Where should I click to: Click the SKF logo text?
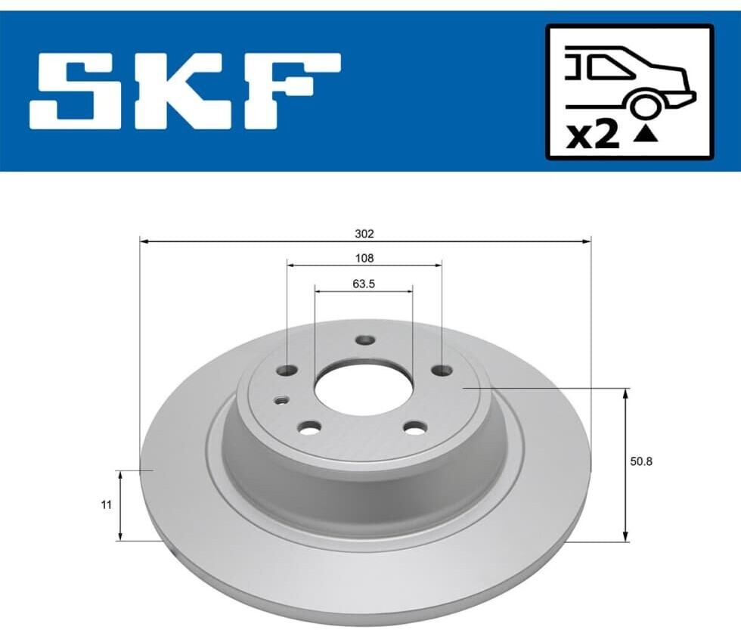tap(184, 92)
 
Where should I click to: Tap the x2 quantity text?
tap(593, 135)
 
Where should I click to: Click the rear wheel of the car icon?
tap(643, 105)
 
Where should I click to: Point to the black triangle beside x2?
tap(646, 135)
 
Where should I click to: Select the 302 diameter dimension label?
tap(364, 234)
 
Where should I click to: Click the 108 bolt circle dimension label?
tap(364, 258)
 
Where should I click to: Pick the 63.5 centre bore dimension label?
tap(364, 284)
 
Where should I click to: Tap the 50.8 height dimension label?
tap(641, 461)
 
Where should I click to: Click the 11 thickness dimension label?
tap(107, 504)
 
